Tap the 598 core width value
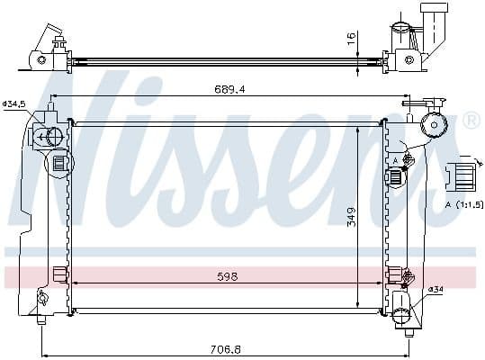tap(228, 276)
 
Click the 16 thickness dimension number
tap(352, 39)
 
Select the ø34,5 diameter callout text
tap(15, 104)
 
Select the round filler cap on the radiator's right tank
tap(436, 125)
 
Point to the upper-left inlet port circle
tap(52, 137)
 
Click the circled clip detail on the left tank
tap(59, 164)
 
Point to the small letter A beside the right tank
tap(395, 160)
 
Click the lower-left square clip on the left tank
tap(59, 274)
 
